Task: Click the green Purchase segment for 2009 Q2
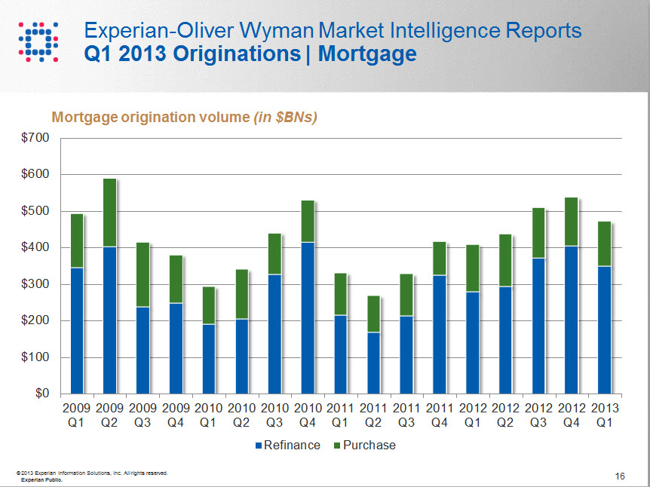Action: tap(109, 213)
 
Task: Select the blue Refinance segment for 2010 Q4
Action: tap(307, 317)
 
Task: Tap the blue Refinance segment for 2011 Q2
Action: tap(373, 363)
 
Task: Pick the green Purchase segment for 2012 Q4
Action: tap(571, 222)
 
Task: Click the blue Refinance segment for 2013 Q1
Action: tap(603, 329)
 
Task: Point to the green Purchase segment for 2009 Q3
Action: tap(143, 275)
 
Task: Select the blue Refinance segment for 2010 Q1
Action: tap(208, 359)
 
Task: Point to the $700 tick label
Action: tap(35, 138)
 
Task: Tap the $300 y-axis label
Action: tap(35, 284)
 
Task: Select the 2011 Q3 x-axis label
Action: tap(406, 415)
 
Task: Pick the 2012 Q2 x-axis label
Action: tap(504, 415)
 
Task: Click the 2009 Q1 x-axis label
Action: tap(76, 415)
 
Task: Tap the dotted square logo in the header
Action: tap(37, 41)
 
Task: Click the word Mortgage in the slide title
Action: tap(367, 54)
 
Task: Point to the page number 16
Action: tap(620, 476)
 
